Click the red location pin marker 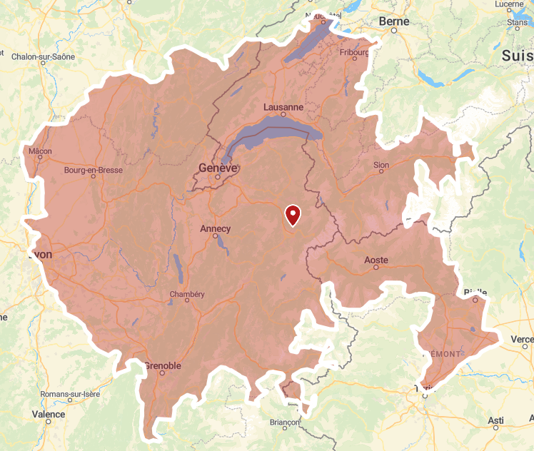(x=293, y=215)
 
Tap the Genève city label (x=218, y=168)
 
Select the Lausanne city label (x=283, y=108)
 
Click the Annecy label (x=216, y=229)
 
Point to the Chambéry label (x=187, y=295)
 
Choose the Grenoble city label (x=163, y=366)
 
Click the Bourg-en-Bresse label (x=93, y=171)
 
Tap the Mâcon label (x=40, y=151)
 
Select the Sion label (x=381, y=166)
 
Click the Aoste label (x=376, y=260)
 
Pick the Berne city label (x=394, y=21)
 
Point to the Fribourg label (x=354, y=52)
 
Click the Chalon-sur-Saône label (x=42, y=56)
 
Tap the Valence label (x=49, y=415)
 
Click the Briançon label (x=285, y=422)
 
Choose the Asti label (x=495, y=421)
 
